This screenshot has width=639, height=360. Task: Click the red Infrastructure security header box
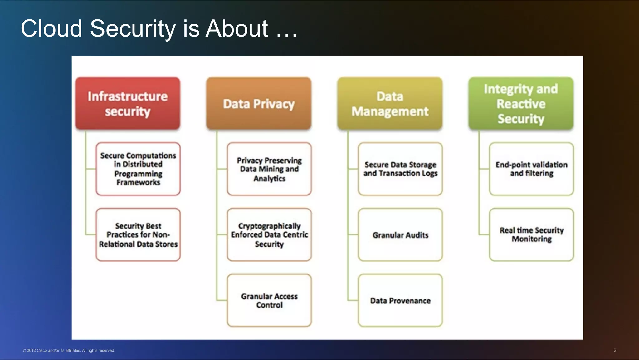128,103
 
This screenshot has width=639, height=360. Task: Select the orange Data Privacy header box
259,103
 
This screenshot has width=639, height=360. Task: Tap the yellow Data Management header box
390,103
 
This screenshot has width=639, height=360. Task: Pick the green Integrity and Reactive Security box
521,103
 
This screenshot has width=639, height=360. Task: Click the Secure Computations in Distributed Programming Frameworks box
138,169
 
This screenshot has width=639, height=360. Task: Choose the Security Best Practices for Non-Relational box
138,234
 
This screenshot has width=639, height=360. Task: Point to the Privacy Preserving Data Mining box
269,169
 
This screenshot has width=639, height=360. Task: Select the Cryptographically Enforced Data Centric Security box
269,234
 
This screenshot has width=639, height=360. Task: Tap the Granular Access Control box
269,300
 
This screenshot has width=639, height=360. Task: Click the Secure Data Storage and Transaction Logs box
400,169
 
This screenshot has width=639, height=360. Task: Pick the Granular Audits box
400,234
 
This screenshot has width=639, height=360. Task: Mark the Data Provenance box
400,300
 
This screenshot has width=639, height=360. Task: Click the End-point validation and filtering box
531,169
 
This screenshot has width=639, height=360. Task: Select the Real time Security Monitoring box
531,234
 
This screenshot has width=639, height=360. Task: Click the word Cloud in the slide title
51,28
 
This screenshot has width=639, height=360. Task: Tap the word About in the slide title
237,28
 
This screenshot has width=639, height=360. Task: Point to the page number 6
615,350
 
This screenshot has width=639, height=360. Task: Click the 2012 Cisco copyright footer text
69,350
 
